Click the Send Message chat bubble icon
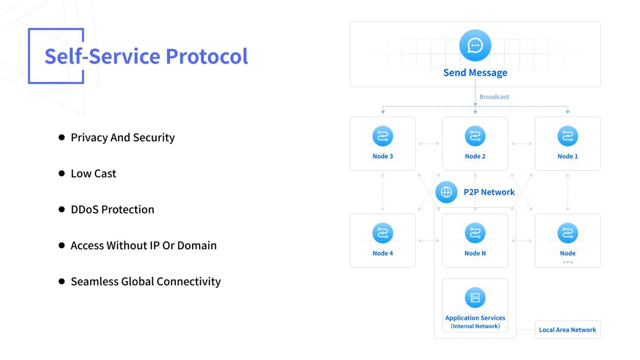(475, 45)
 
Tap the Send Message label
(475, 73)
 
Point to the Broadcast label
(494, 97)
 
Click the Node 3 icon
(383, 136)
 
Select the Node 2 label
(475, 156)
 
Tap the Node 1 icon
(567, 136)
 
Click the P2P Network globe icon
(446, 192)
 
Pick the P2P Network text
(489, 192)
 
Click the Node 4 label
(383, 253)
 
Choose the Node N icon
(475, 233)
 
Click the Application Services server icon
(475, 298)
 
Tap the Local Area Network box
(567, 330)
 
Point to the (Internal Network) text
(475, 326)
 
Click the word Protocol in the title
(207, 56)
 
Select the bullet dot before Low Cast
(61, 173)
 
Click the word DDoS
(85, 210)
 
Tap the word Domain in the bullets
(197, 245)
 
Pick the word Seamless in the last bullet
(95, 281)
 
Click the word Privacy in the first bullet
(89, 138)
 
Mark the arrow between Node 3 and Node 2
(429, 144)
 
